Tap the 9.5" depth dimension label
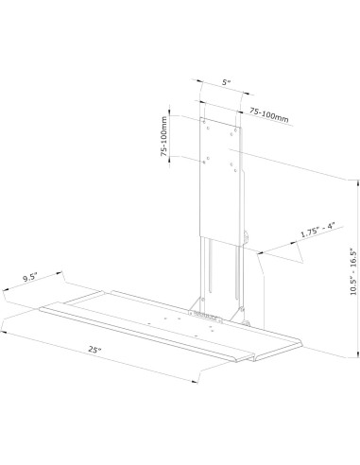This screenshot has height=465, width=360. tap(31, 279)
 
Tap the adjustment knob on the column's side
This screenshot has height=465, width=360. tap(249, 237)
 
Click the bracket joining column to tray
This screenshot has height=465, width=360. tap(215, 304)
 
